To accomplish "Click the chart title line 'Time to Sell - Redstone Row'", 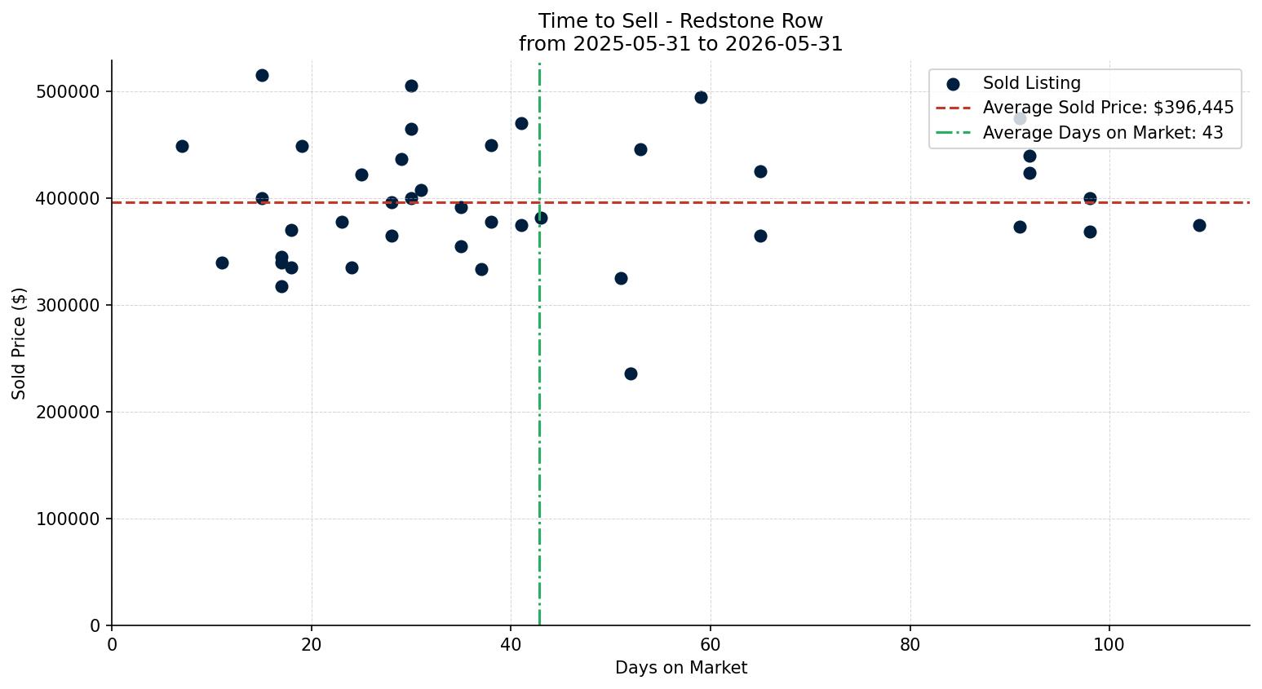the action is pyautogui.click(x=680, y=21).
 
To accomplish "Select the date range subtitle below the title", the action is pyautogui.click(x=680, y=44).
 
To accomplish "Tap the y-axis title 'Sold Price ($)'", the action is pyautogui.click(x=19, y=343).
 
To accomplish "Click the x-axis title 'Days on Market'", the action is pyautogui.click(x=680, y=668).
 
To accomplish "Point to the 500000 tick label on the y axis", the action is pyautogui.click(x=68, y=92).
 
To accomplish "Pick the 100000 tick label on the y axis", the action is pyautogui.click(x=68, y=519).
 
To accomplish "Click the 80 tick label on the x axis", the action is pyautogui.click(x=910, y=644).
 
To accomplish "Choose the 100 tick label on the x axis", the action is pyautogui.click(x=1109, y=644).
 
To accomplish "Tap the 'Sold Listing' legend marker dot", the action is pyautogui.click(x=953, y=85).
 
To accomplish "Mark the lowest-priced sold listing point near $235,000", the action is pyautogui.click(x=631, y=373).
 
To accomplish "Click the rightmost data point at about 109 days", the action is pyautogui.click(x=1199, y=225).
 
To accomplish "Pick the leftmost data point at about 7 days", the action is pyautogui.click(x=182, y=146).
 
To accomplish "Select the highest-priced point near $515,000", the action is pyautogui.click(x=262, y=76).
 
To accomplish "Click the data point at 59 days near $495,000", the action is pyautogui.click(x=701, y=97).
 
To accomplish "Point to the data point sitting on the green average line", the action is pyautogui.click(x=541, y=218).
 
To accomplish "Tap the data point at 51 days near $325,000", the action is pyautogui.click(x=621, y=278).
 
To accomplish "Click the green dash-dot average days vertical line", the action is pyautogui.click(x=540, y=344).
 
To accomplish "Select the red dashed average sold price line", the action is pyautogui.click(x=680, y=202).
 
